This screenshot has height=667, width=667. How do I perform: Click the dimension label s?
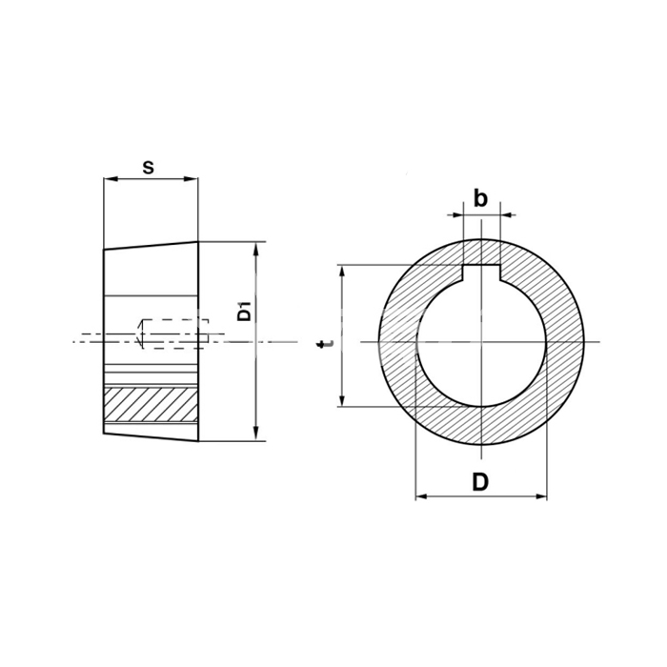click(148, 167)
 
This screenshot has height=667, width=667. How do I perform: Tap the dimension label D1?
click(245, 311)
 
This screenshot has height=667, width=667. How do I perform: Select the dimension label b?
click(480, 198)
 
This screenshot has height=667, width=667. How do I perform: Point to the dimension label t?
click(326, 343)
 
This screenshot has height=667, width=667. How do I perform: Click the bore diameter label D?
click(480, 482)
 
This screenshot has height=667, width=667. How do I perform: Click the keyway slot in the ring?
click(481, 273)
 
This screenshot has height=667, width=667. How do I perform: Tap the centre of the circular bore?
click(481, 342)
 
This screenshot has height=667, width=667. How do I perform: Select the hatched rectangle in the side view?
click(151, 404)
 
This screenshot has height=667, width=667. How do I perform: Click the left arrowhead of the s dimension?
click(110, 179)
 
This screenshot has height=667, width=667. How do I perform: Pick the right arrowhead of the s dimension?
click(192, 179)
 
